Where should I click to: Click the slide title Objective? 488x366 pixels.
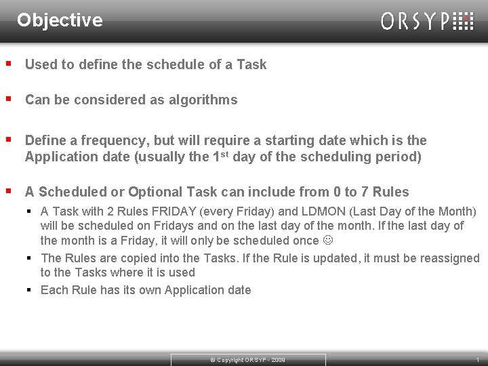pos(60,20)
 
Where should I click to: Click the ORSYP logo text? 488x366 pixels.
pos(415,22)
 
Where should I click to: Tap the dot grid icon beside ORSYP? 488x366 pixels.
pos(463,21)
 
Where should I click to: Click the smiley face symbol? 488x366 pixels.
pos(329,241)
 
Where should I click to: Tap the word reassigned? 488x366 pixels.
pos(450,258)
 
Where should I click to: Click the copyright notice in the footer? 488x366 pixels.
pos(247,360)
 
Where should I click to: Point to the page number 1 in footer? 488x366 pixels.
pos(477,360)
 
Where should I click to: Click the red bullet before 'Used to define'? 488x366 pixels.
pos(8,64)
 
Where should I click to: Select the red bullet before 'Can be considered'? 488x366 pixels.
pos(8,100)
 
